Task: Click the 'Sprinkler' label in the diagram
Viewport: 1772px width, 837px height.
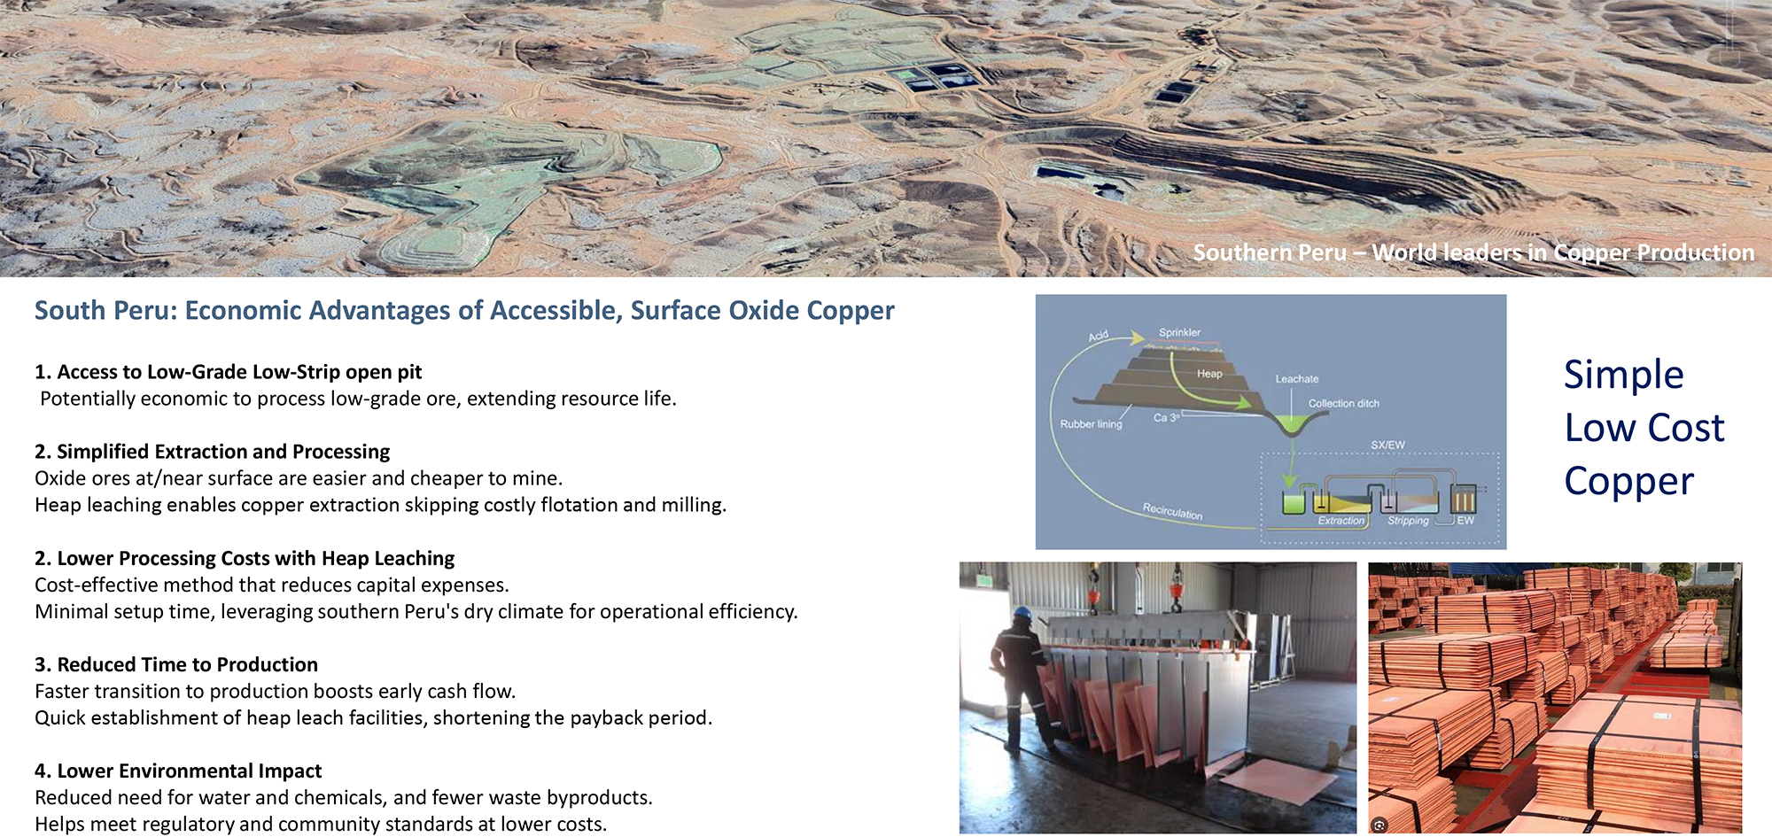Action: [1179, 332]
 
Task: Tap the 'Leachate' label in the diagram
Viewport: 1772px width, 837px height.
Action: [1297, 378]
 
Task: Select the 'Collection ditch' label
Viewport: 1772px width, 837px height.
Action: [1343, 403]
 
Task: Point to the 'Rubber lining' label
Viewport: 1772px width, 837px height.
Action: [1091, 424]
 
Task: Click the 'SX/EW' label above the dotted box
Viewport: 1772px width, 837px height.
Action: [1387, 445]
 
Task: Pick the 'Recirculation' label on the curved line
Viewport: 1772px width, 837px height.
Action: [1172, 511]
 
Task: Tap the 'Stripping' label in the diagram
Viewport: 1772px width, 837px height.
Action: [1408, 521]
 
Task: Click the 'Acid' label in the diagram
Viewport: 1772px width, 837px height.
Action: [1099, 336]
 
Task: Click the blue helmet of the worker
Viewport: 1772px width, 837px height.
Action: [1022, 612]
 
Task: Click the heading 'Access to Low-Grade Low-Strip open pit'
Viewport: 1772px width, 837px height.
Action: [239, 372]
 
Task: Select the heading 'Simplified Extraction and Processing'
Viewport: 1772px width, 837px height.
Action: [223, 452]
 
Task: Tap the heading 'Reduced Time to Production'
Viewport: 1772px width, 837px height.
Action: [187, 664]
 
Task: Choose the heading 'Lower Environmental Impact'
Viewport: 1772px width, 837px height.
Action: [189, 771]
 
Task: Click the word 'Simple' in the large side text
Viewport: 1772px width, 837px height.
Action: [1623, 376]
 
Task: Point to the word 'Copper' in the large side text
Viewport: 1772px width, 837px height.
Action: [1628, 482]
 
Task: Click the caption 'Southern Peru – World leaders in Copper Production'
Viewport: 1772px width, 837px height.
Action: [1473, 252]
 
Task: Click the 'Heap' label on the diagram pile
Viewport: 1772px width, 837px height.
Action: [1209, 373]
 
